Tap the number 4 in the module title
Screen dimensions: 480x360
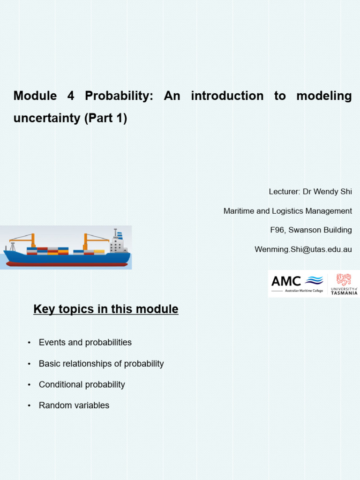click(71, 96)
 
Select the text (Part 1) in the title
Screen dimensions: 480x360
click(106, 118)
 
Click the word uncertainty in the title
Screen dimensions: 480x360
click(47, 118)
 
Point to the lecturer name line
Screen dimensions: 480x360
click(310, 192)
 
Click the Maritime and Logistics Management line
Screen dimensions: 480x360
click(287, 211)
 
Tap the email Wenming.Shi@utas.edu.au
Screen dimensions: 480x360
click(303, 249)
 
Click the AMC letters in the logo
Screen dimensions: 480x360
click(286, 281)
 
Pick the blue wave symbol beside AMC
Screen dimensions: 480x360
click(314, 280)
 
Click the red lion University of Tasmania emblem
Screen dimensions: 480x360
click(344, 279)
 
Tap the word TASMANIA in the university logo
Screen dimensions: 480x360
click(344, 292)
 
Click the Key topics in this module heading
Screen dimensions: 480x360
click(106, 309)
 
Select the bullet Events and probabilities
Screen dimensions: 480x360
click(85, 343)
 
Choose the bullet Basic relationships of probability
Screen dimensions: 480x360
click(101, 364)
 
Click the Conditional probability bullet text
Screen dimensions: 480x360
click(82, 385)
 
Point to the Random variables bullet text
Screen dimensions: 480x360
click(74, 405)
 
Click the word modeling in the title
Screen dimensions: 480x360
click(323, 96)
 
